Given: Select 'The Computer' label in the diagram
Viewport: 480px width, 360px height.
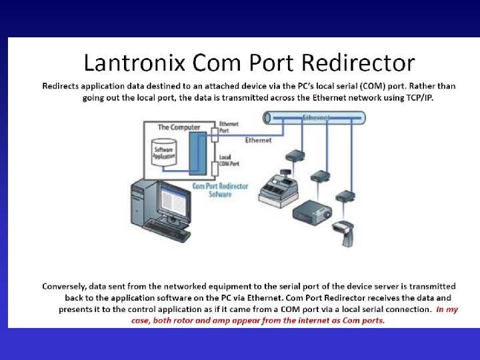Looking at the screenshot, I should pos(179,127).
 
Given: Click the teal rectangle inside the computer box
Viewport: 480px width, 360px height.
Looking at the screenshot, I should pos(198,154).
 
